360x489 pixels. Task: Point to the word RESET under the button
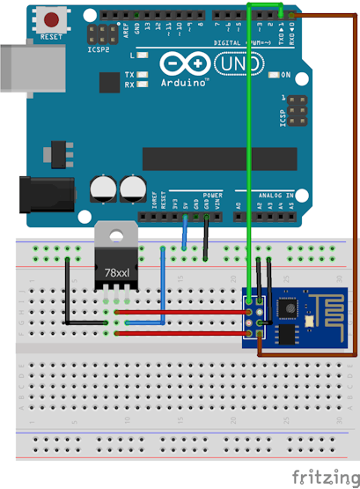point(51,37)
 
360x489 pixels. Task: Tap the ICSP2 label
point(99,50)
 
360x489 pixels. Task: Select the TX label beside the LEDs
point(129,75)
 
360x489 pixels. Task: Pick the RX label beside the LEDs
point(129,85)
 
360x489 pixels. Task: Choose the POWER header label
point(212,194)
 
